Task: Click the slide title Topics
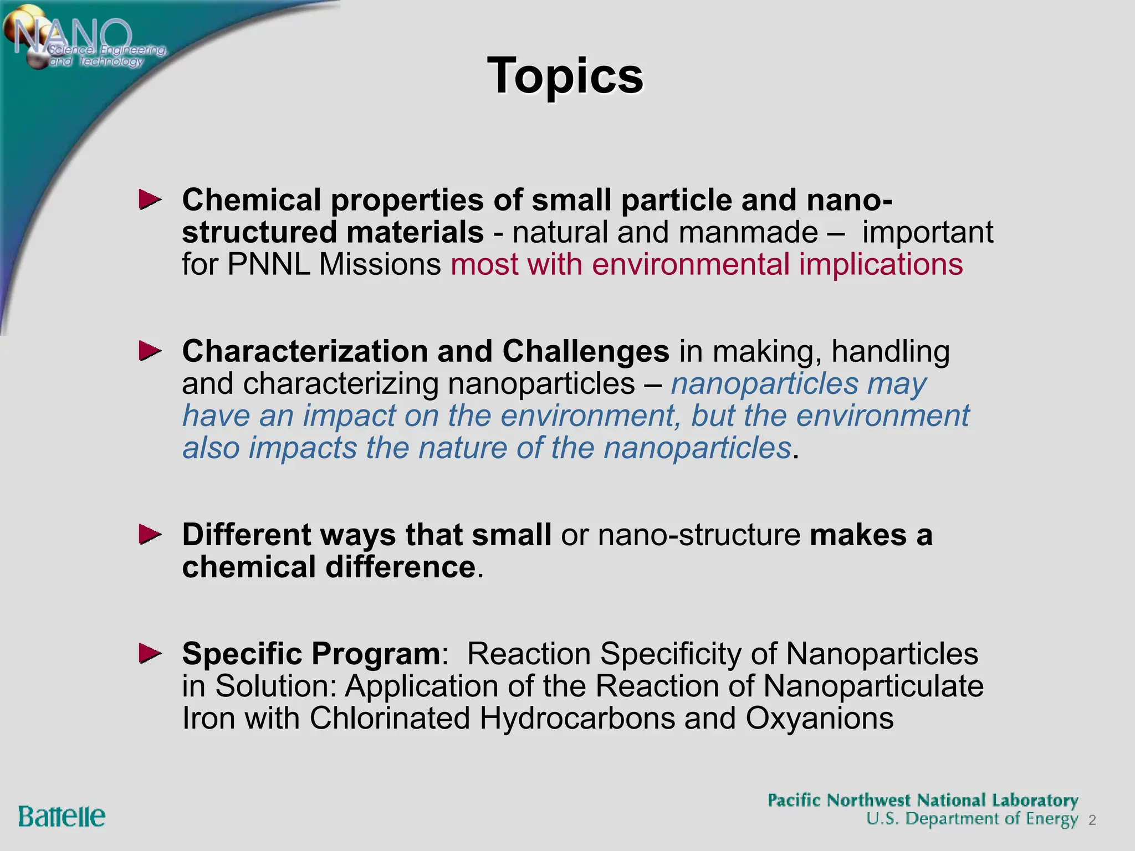click(x=565, y=76)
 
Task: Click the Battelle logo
click(x=62, y=817)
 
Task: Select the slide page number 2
click(x=1092, y=821)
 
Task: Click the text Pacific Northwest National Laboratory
click(x=922, y=801)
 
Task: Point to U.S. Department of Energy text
click(x=972, y=819)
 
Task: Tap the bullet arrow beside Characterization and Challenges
click(x=150, y=351)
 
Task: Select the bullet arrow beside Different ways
click(x=150, y=535)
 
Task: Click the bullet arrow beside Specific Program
click(x=150, y=654)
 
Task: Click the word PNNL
click(x=268, y=264)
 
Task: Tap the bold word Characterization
click(x=305, y=351)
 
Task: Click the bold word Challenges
click(x=586, y=351)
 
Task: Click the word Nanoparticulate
click(x=873, y=686)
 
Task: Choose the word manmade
click(x=748, y=232)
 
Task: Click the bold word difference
click(x=400, y=567)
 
